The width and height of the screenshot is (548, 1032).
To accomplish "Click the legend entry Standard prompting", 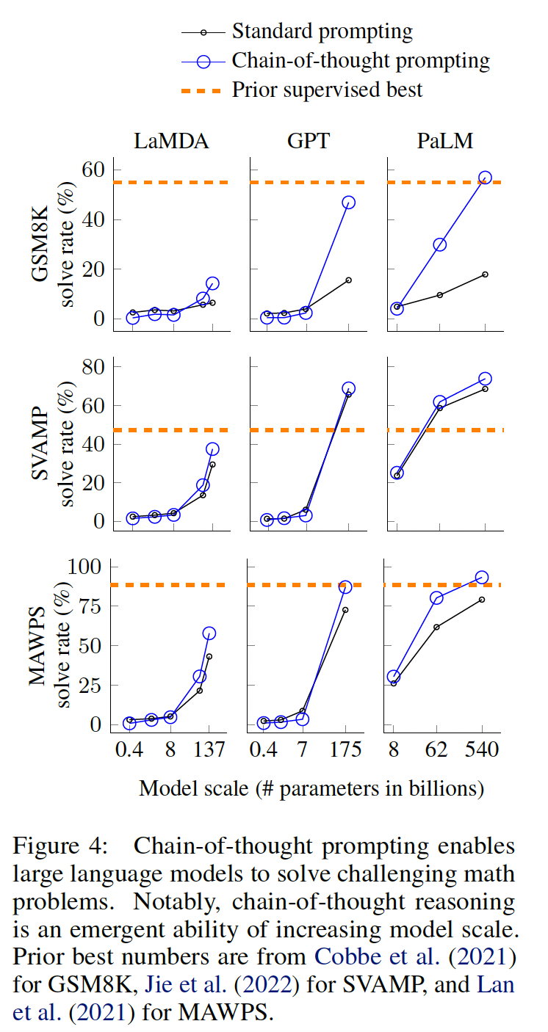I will [322, 32].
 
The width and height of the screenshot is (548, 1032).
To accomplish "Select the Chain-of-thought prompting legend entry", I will [360, 60].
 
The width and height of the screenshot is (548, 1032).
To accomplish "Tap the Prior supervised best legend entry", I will [327, 90].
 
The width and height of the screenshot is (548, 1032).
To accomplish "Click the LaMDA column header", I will [171, 141].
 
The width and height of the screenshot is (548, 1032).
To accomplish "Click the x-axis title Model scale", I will [311, 789].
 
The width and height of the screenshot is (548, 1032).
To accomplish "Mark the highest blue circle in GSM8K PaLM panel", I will [485, 178].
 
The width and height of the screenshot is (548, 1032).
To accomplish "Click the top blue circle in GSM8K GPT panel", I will [348, 203].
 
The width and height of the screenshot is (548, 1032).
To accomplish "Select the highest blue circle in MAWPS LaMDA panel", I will [209, 633].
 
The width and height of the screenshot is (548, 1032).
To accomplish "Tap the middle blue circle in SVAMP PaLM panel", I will [440, 402].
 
